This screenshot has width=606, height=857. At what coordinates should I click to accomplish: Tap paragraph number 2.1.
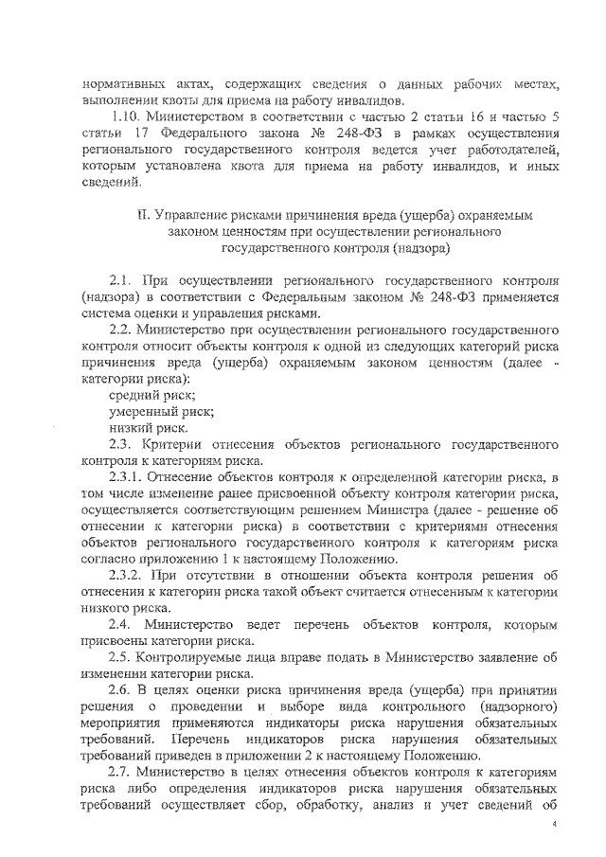click(x=121, y=281)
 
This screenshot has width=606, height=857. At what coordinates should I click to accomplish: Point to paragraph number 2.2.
click(x=121, y=330)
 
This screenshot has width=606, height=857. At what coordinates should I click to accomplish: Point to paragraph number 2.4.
click(x=120, y=623)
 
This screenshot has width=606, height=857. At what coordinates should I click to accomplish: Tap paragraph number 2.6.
click(x=120, y=688)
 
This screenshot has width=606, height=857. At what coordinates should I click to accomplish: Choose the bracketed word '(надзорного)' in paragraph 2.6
click(x=514, y=705)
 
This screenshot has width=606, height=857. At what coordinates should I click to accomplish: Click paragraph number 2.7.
click(x=120, y=770)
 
